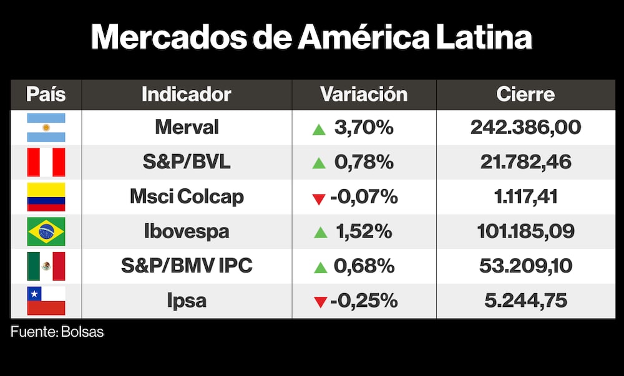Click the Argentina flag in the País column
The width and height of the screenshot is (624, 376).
point(46,128)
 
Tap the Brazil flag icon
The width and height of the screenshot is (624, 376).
point(46,232)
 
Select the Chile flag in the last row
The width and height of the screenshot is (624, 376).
point(46,301)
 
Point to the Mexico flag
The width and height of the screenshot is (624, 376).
point(46,266)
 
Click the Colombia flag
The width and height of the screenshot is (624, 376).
point(46,197)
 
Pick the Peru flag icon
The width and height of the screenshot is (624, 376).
point(46,162)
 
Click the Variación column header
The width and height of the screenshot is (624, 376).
point(364,95)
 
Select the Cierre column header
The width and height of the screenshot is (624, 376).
point(525,95)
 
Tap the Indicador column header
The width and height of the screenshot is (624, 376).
point(186,95)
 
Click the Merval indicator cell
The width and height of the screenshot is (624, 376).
point(187,128)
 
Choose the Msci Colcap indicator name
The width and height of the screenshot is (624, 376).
point(187,197)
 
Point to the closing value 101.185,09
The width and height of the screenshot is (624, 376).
point(525,232)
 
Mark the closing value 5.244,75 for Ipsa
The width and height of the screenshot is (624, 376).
point(525,301)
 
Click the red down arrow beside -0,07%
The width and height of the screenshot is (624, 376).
point(319,199)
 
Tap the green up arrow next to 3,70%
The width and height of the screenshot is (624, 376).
point(319,129)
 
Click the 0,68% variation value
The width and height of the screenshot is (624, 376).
point(364,266)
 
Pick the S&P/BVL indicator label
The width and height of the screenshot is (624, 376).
point(187,162)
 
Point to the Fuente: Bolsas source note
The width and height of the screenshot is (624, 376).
point(57,332)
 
